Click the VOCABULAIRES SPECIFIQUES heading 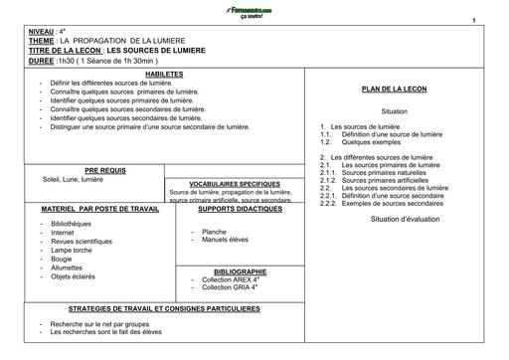(x=235, y=183)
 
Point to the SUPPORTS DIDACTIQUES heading (x=238, y=209)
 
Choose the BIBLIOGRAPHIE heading (x=240, y=270)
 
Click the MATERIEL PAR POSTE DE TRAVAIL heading (x=88, y=209)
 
